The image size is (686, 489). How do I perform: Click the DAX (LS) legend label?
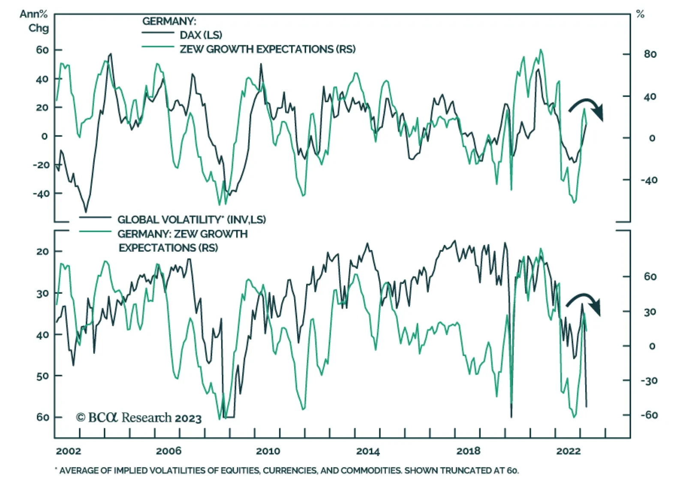click(201, 35)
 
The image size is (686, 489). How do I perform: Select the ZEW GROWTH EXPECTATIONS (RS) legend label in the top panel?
click(268, 49)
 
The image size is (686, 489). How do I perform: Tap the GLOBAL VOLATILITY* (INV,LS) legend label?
click(192, 220)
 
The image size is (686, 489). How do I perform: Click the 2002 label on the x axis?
click(68, 451)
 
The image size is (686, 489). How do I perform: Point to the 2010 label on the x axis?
click(268, 451)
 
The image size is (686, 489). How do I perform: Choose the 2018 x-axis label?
click(468, 451)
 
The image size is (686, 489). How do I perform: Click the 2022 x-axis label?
click(568, 451)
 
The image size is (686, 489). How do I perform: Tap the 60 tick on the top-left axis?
click(42, 50)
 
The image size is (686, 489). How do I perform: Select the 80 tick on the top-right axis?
click(650, 54)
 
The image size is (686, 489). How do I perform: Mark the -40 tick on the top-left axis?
click(41, 194)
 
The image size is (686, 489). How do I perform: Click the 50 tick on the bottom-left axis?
click(42, 376)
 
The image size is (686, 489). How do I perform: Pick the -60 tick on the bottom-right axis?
click(649, 415)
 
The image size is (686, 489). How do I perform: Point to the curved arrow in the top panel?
click(587, 107)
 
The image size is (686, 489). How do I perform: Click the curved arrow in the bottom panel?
click(584, 303)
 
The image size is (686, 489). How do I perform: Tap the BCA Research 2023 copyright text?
click(138, 417)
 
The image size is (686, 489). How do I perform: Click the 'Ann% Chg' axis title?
click(34, 21)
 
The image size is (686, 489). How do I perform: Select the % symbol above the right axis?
click(640, 15)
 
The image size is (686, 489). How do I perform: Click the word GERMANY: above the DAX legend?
click(169, 21)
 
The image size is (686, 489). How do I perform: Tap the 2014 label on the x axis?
click(368, 451)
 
